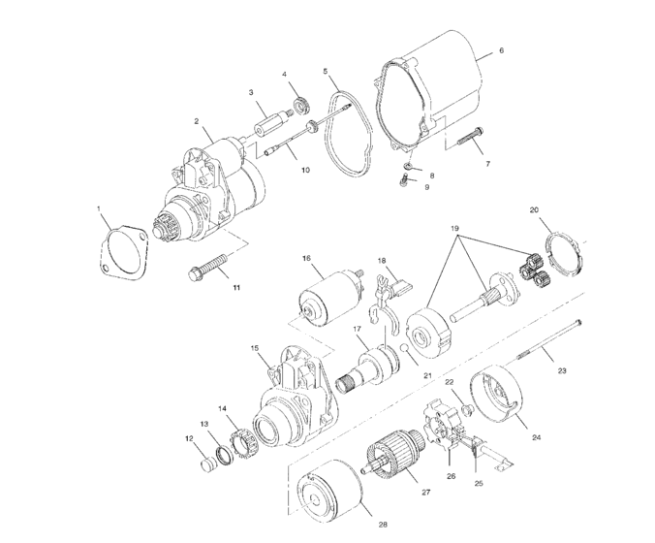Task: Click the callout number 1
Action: click(x=99, y=208)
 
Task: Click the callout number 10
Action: click(x=304, y=170)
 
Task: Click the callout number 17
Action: click(x=357, y=331)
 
